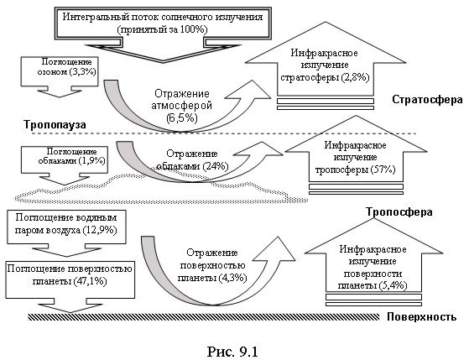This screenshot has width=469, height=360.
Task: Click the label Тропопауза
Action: (x=55, y=124)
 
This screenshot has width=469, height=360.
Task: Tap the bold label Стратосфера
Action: (x=427, y=100)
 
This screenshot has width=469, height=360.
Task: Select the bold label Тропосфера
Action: (x=399, y=212)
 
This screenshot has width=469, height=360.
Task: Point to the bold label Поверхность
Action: (x=422, y=317)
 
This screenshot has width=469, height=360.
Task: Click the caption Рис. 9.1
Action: (x=232, y=352)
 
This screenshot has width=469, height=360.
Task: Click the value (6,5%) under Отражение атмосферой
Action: (x=182, y=118)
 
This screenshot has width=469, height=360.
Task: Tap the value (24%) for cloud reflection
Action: (x=216, y=166)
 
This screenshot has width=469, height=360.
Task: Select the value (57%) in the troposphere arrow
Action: (x=383, y=170)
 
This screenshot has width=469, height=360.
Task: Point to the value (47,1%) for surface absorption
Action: (x=90, y=281)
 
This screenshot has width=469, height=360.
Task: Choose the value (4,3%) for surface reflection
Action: (x=232, y=278)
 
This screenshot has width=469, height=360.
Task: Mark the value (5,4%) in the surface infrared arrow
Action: (x=393, y=285)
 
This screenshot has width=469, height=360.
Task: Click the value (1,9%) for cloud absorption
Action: (x=91, y=161)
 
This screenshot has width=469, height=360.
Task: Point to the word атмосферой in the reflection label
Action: (x=181, y=106)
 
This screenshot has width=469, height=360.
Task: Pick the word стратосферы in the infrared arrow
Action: (x=310, y=77)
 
